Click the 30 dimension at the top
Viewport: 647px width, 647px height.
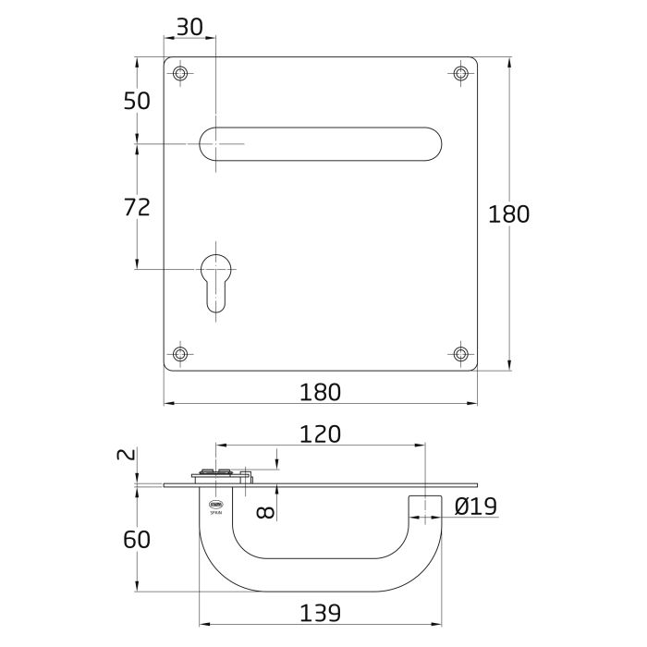[x=189, y=28]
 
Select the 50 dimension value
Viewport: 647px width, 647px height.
[x=137, y=101]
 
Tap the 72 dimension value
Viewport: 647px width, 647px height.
[x=137, y=207]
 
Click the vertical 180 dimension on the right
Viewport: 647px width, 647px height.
[x=508, y=214]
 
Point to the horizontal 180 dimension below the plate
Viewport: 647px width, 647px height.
[x=321, y=392]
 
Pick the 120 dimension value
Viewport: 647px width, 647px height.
[x=321, y=433]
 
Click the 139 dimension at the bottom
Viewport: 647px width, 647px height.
[x=321, y=612]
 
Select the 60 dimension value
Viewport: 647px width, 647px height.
[x=137, y=539]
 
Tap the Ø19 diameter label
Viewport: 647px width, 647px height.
[x=476, y=506]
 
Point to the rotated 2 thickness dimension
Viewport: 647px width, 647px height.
[x=128, y=455]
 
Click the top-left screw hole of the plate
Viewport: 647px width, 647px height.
[x=180, y=73]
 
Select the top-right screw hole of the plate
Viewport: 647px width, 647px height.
[x=461, y=73]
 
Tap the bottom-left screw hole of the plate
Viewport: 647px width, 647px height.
[x=180, y=353]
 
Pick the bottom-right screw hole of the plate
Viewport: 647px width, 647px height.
[x=461, y=353]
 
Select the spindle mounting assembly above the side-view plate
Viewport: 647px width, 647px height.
[x=222, y=475]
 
